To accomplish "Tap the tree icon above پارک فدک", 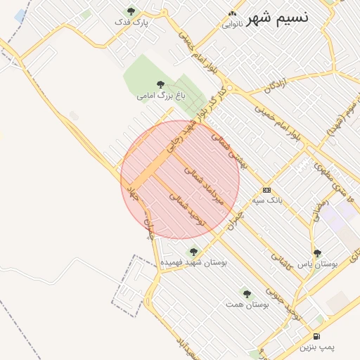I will (x=131, y=11).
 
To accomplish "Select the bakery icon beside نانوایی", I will (x=232, y=13).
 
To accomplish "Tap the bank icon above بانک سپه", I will (x=266, y=190).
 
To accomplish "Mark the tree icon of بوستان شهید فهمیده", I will (x=192, y=250).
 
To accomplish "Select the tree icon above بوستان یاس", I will (x=317, y=253).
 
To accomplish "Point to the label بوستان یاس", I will (x=318, y=264).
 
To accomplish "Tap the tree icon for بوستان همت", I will (x=247, y=293).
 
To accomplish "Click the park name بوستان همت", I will (x=248, y=304).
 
